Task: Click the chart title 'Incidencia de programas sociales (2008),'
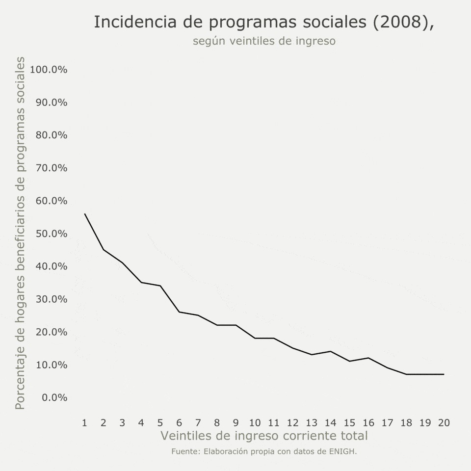(x=264, y=22)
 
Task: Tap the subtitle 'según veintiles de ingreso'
(x=264, y=41)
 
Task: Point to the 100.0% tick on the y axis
(x=49, y=69)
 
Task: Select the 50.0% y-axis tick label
(x=51, y=234)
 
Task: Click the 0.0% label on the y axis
(x=53, y=397)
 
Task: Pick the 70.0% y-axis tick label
(x=51, y=168)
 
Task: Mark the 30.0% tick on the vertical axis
(x=51, y=299)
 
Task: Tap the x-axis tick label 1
(x=85, y=422)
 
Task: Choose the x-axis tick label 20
(x=444, y=422)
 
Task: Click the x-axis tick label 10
(x=255, y=422)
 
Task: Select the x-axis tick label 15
(x=349, y=422)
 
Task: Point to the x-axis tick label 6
(x=179, y=422)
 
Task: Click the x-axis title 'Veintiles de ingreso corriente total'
(x=264, y=436)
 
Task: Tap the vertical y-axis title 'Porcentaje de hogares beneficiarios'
(x=20, y=234)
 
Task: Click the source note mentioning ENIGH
(x=264, y=451)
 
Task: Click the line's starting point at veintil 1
(x=85, y=214)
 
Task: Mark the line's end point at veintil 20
(x=444, y=374)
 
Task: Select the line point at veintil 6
(x=179, y=312)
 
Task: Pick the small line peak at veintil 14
(x=330, y=351)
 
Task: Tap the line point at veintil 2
(x=104, y=250)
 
